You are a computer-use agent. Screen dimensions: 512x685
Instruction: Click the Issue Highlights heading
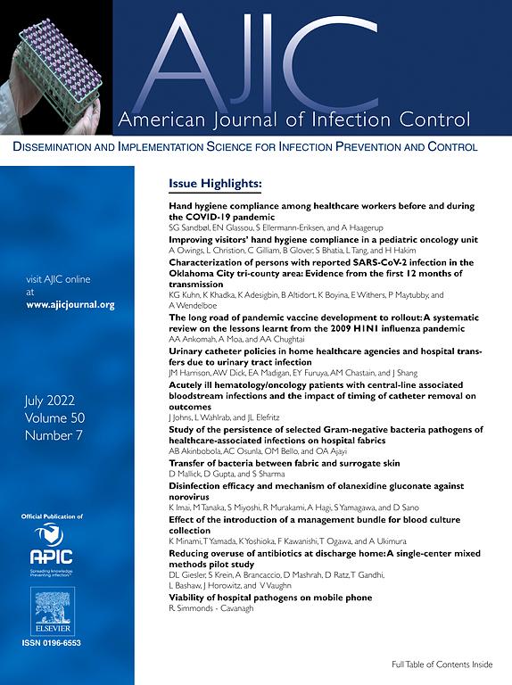(x=215, y=184)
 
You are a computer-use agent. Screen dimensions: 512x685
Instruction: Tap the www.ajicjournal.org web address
(x=70, y=304)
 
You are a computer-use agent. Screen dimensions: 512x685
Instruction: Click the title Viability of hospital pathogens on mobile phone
(x=270, y=597)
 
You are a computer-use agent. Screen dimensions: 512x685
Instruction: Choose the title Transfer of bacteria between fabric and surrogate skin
(x=285, y=464)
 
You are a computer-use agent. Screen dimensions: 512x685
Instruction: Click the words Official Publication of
(x=51, y=516)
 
